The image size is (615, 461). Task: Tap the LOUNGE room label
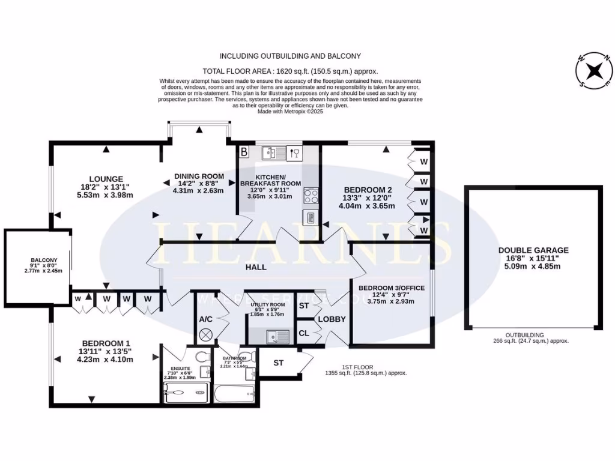point(106,179)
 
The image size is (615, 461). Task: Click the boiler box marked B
point(244,152)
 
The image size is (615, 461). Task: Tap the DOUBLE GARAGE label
point(533,250)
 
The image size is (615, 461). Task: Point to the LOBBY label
point(332,319)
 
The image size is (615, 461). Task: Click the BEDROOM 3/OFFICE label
point(392,288)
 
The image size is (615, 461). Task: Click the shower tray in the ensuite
point(186,394)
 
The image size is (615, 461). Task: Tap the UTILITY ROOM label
point(267,305)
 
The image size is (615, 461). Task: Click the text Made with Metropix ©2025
point(290,111)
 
